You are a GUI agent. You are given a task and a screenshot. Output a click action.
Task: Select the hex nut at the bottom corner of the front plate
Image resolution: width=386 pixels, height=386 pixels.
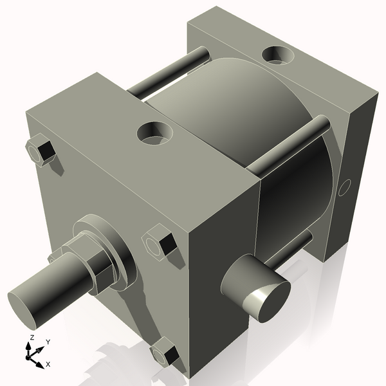click(165, 353)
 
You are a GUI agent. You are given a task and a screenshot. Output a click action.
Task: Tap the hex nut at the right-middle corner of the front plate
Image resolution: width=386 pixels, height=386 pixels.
click(158, 244)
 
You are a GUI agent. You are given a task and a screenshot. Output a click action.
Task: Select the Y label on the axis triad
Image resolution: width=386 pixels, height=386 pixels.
click(48, 342)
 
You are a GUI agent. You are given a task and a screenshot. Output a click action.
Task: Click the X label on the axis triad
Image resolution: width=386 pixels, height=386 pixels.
click(48, 364)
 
